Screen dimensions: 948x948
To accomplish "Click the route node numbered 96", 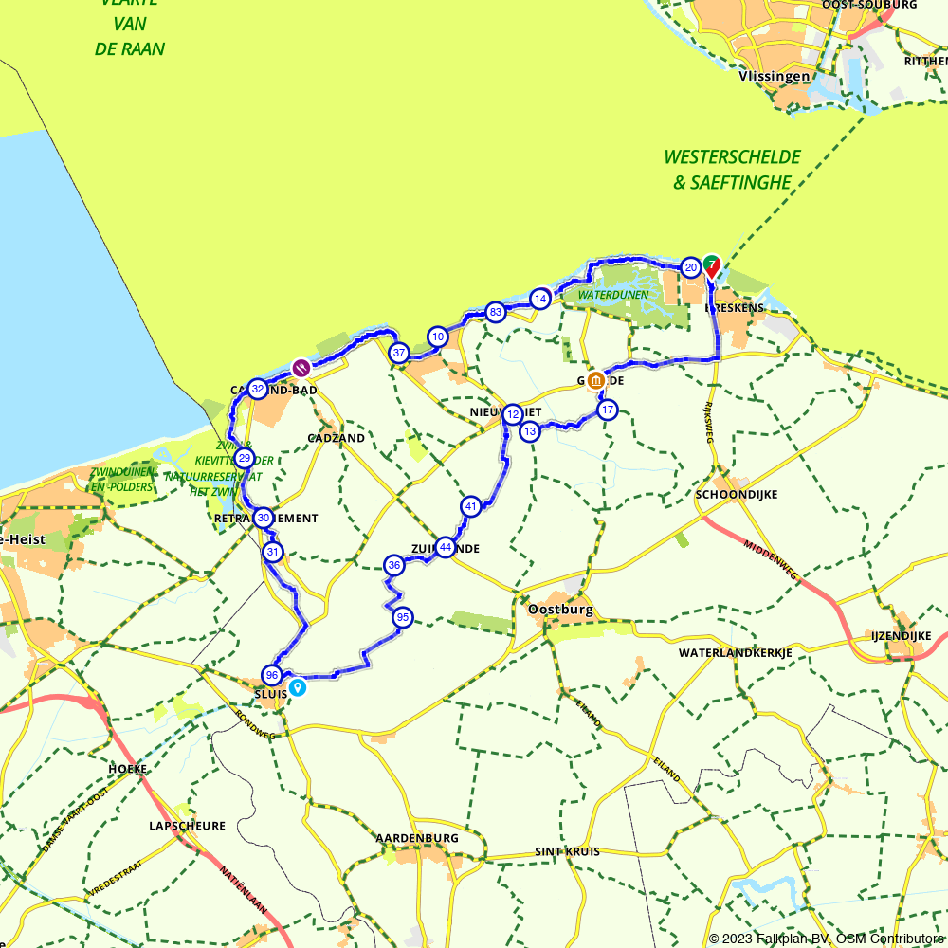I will coord(272,675).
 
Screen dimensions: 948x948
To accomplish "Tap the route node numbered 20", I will coord(691,268).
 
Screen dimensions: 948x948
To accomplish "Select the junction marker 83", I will coord(494,312).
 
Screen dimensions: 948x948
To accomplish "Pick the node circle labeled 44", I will coord(445,547).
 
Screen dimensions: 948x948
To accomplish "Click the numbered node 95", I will coord(403,617).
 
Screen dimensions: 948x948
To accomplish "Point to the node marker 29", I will coord(244,459).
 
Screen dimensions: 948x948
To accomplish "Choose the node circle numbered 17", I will coord(608,410).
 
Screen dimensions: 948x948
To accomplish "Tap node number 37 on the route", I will coord(399,353).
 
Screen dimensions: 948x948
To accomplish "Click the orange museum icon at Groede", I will coord(596,381).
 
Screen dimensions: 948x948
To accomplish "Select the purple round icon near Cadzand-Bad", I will coord(301,368).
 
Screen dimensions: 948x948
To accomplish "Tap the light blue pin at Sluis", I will coord(298,687).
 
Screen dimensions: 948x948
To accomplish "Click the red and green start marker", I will coord(711,266).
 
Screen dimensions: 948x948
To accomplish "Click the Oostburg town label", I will coord(560,610).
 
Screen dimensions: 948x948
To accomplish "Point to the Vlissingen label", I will coord(775,77).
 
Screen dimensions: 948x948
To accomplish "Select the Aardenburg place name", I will coord(417,838).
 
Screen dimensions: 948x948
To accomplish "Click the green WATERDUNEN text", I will coord(613,295).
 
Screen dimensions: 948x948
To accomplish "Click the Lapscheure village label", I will coord(187,826).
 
